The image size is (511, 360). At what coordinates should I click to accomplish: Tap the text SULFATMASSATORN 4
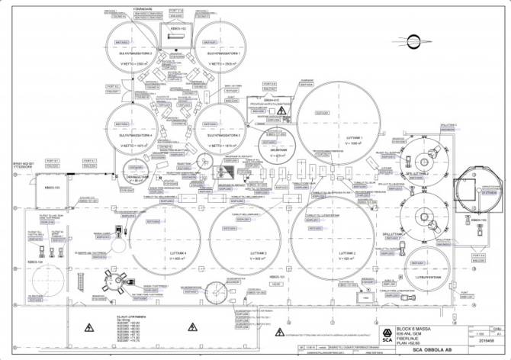pyautogui.click(x=137, y=135)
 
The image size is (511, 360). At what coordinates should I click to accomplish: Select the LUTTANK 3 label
pyautogui.click(x=245, y=253)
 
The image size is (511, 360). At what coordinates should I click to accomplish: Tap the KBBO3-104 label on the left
pyautogui.click(x=40, y=262)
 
